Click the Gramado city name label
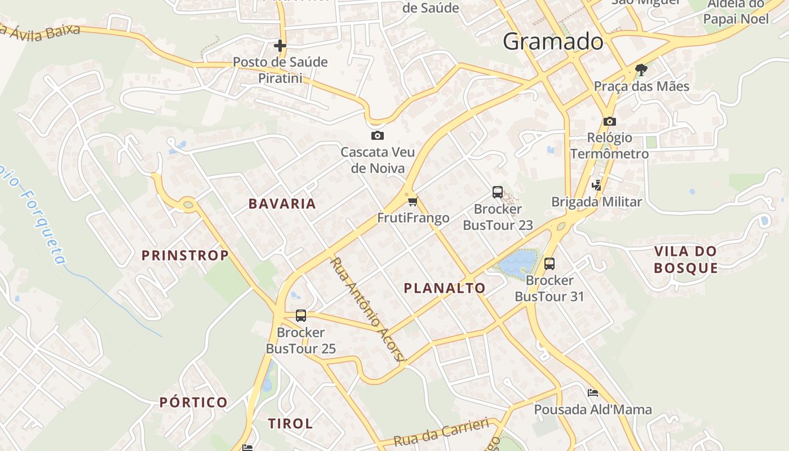tap(553, 41)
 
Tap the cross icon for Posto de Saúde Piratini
tap(280, 46)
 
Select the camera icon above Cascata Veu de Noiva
tap(378, 135)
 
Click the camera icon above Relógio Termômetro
tap(609, 121)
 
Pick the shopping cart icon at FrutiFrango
tap(413, 201)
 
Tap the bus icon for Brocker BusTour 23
tap(497, 192)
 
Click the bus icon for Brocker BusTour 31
tap(549, 263)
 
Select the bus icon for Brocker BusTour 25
tap(301, 316)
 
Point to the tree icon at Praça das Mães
tap(641, 70)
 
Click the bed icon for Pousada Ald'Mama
tap(592, 392)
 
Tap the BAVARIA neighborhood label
tap(282, 204)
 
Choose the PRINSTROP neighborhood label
tap(185, 255)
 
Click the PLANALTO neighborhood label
tap(445, 288)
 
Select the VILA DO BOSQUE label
tap(686, 259)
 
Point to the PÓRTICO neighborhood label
tap(193, 403)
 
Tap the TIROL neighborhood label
tap(290, 423)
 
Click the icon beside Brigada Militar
tap(596, 185)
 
